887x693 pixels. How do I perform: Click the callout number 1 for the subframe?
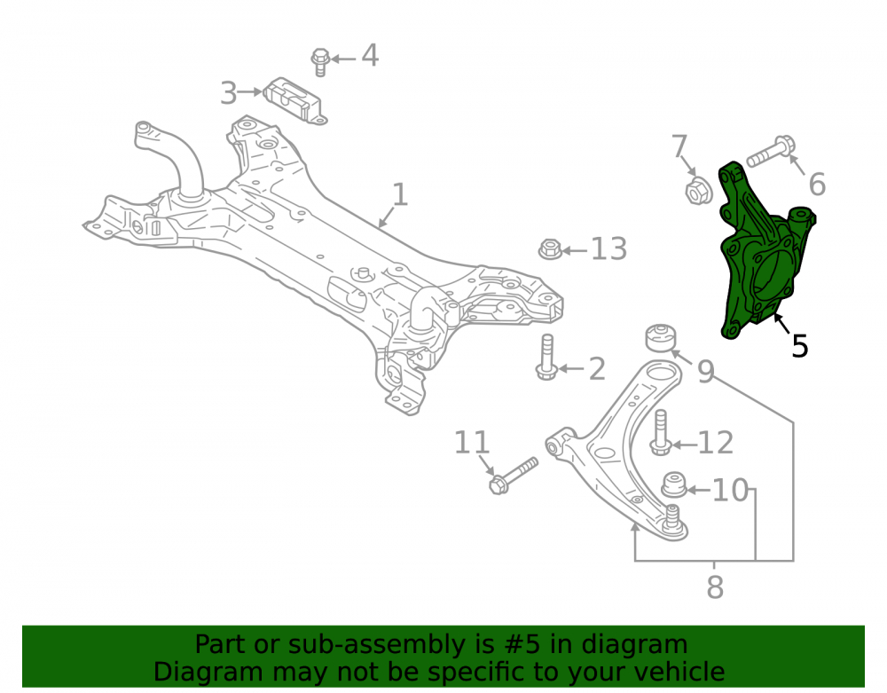point(399,194)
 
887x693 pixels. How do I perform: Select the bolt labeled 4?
point(320,62)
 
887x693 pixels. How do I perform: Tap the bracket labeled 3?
point(294,100)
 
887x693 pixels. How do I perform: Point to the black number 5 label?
point(799,346)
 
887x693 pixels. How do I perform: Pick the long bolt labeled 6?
point(771,152)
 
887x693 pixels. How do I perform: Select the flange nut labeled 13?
point(549,249)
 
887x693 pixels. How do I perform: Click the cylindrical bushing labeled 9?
point(661,338)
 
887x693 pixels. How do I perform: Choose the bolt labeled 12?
point(660,433)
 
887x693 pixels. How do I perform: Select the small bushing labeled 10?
point(674,485)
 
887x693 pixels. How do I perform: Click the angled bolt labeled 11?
point(513,476)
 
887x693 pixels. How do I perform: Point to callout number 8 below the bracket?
point(715,587)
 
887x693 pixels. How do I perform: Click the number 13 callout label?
point(608,249)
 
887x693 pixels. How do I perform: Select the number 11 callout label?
point(471,443)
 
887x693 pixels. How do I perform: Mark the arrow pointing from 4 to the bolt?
point(343,59)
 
